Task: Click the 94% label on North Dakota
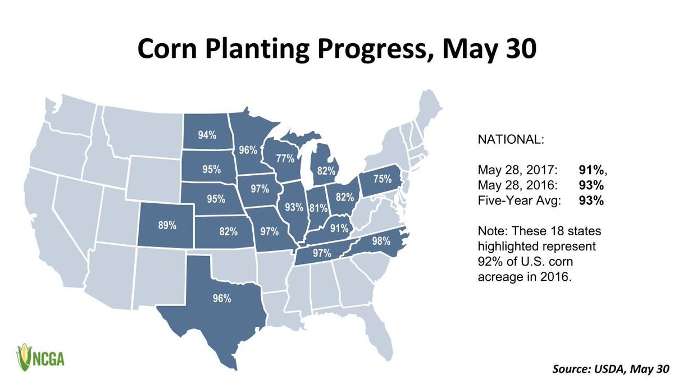pyautogui.click(x=206, y=135)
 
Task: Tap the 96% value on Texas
pyautogui.click(x=222, y=299)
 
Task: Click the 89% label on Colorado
pyautogui.click(x=167, y=226)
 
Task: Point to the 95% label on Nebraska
pyautogui.click(x=215, y=198)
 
